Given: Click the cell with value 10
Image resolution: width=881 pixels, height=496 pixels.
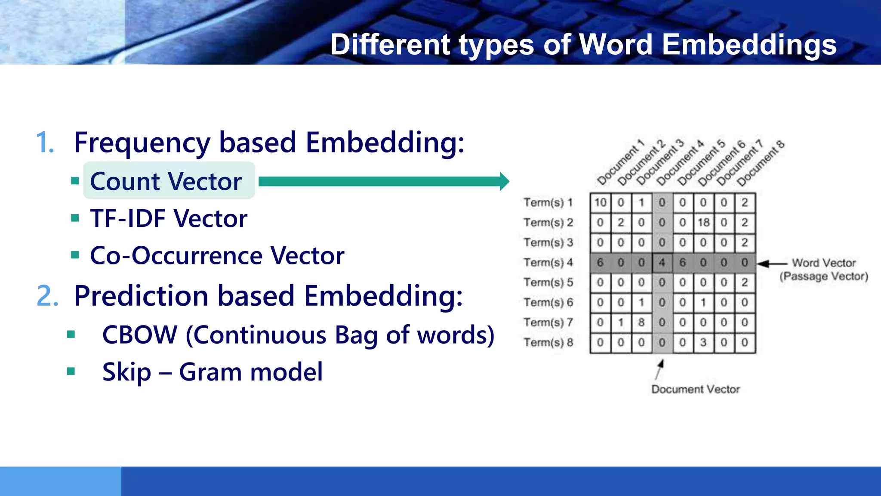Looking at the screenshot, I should pos(600,202).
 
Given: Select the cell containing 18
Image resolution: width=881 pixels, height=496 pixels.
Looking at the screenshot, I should pos(703,223).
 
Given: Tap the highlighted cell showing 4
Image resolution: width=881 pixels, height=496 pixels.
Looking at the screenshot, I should pos(662,263).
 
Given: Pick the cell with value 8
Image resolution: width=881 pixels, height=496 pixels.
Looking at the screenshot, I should pos(641,322).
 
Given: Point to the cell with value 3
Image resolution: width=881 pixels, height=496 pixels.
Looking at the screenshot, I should pos(703,343).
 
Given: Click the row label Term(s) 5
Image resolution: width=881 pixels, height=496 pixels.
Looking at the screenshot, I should pos(548,282).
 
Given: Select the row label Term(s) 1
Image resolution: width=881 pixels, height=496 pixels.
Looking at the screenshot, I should pos(548,202).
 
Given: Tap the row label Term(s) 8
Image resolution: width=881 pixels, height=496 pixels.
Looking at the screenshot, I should pos(548,343).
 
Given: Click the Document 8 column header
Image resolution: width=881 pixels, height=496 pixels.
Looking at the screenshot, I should pos(761,164).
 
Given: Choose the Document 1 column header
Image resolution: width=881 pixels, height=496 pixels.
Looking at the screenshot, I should pos(621,163).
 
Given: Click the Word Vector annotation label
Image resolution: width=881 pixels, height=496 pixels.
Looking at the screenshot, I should pos(823,263).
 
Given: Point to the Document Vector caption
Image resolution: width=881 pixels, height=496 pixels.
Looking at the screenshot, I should pos(695,389).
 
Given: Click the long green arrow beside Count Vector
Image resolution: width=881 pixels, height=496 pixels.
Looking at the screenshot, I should pos(383,181).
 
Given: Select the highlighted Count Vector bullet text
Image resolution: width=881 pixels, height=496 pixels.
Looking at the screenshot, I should pos(166,181).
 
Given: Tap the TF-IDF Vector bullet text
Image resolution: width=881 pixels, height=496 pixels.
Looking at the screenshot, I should pos(169,218).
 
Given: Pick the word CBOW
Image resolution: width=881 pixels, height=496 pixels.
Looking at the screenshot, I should pos(140,335).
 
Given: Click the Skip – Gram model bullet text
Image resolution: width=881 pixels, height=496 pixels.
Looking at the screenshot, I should pos(213,372).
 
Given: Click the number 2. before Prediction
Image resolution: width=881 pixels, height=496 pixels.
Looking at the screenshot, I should pos(47,296).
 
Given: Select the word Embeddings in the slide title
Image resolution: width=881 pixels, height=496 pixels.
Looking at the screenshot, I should pos(749,44).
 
